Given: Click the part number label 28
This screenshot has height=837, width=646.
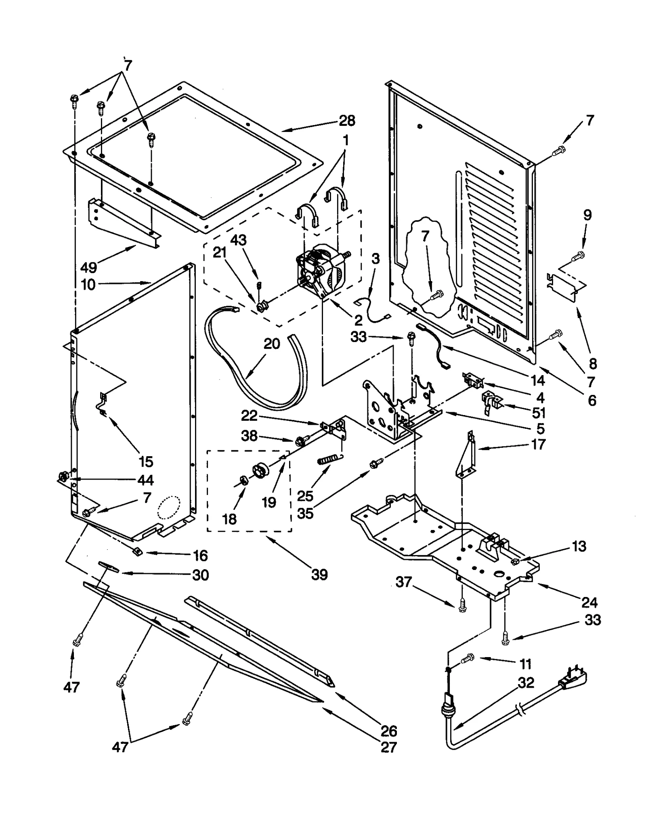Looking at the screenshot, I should [x=347, y=120].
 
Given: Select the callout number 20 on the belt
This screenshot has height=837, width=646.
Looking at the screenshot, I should [x=272, y=344].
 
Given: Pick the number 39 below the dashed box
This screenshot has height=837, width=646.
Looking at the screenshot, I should [x=319, y=574].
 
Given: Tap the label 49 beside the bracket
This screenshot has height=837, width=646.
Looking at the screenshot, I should [x=88, y=267].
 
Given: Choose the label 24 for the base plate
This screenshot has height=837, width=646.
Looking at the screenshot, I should [x=589, y=603].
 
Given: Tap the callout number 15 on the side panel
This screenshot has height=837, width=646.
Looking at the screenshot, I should [x=146, y=461].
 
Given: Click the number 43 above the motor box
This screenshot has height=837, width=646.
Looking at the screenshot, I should [x=238, y=240].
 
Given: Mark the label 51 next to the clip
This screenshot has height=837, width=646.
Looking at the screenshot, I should [x=539, y=413].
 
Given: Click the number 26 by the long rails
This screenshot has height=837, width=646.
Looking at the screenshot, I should [x=388, y=731].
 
